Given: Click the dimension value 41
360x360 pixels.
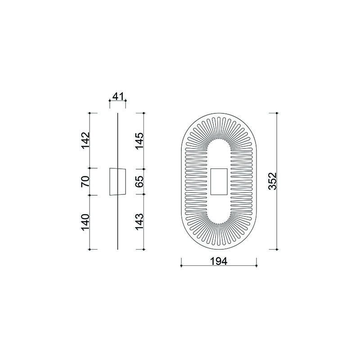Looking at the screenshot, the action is click(118, 96).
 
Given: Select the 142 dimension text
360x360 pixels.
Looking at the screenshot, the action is click(85, 140).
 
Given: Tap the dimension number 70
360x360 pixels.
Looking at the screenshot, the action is click(85, 181).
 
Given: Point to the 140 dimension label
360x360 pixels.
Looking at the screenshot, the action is click(85, 222).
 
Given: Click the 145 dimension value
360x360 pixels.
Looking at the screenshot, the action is click(139, 141).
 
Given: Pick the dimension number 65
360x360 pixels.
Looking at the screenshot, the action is click(139, 182).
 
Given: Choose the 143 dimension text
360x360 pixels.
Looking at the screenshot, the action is click(139, 222).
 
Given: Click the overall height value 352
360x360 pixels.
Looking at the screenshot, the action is click(273, 181).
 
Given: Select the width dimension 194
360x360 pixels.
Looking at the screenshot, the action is click(219, 261).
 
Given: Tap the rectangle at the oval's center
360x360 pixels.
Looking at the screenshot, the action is click(219, 182).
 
